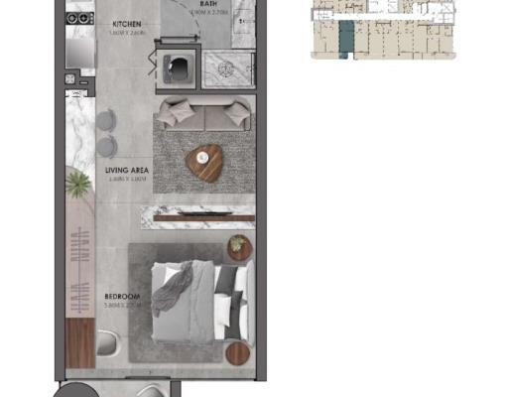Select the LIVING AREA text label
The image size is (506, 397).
tap(126, 170)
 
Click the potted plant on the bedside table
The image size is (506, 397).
tap(238, 245)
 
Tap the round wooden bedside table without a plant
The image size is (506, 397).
tap(239, 353)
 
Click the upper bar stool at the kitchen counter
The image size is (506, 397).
tap(106, 121)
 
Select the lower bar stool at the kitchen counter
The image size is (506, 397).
tap(106, 146)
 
